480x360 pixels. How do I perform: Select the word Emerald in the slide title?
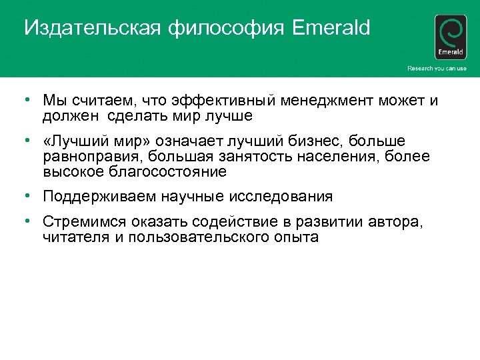331,29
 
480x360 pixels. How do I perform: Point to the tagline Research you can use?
437,69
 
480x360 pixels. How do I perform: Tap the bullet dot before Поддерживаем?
23,196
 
